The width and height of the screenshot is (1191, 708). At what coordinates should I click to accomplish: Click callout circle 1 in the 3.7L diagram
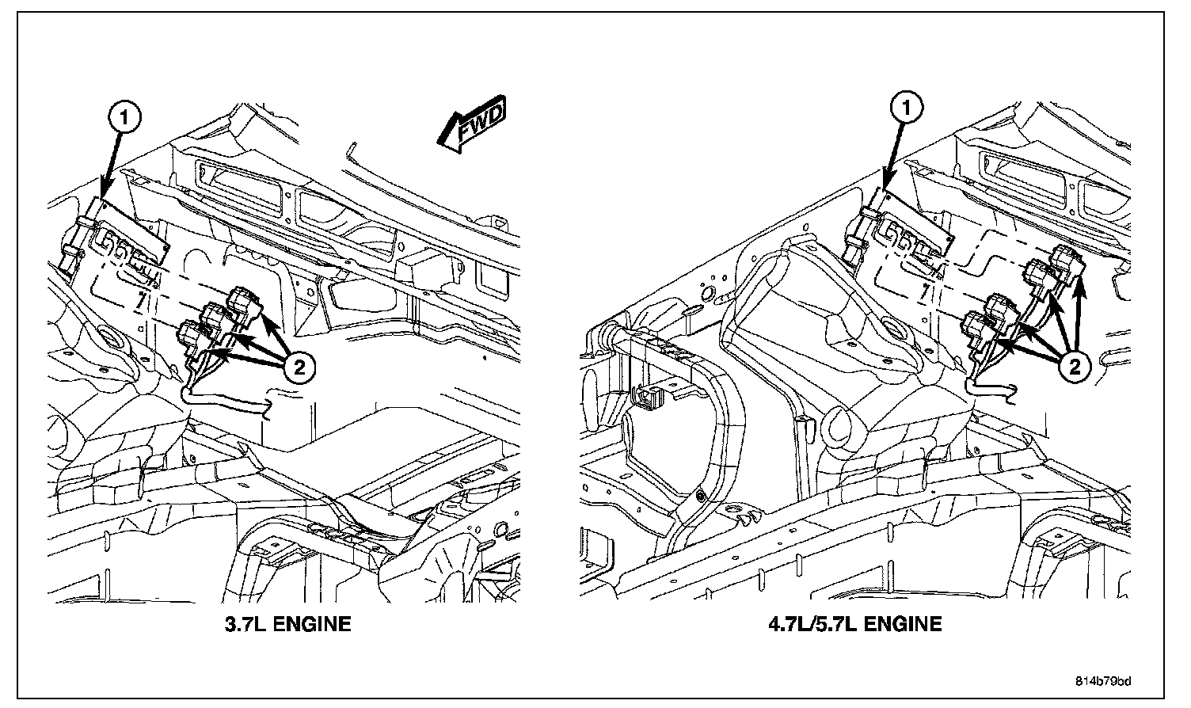click(x=124, y=117)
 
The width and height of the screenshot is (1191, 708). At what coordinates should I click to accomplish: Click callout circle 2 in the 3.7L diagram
click(x=299, y=367)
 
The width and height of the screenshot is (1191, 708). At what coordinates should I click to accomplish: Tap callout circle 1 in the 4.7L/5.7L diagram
click(x=907, y=108)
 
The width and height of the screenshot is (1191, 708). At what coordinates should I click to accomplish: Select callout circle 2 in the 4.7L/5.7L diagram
click(x=1075, y=367)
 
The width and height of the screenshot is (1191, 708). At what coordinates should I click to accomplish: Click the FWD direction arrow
click(x=472, y=124)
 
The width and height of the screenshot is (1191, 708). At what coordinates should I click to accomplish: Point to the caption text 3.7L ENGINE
click(x=287, y=624)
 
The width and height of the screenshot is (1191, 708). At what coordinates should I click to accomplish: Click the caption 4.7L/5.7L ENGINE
click(x=855, y=624)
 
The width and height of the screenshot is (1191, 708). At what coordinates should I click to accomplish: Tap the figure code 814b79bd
click(x=1103, y=681)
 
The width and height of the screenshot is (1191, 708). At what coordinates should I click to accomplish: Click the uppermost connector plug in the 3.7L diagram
click(x=245, y=303)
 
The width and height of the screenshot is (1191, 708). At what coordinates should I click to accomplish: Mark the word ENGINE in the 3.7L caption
click(x=312, y=624)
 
